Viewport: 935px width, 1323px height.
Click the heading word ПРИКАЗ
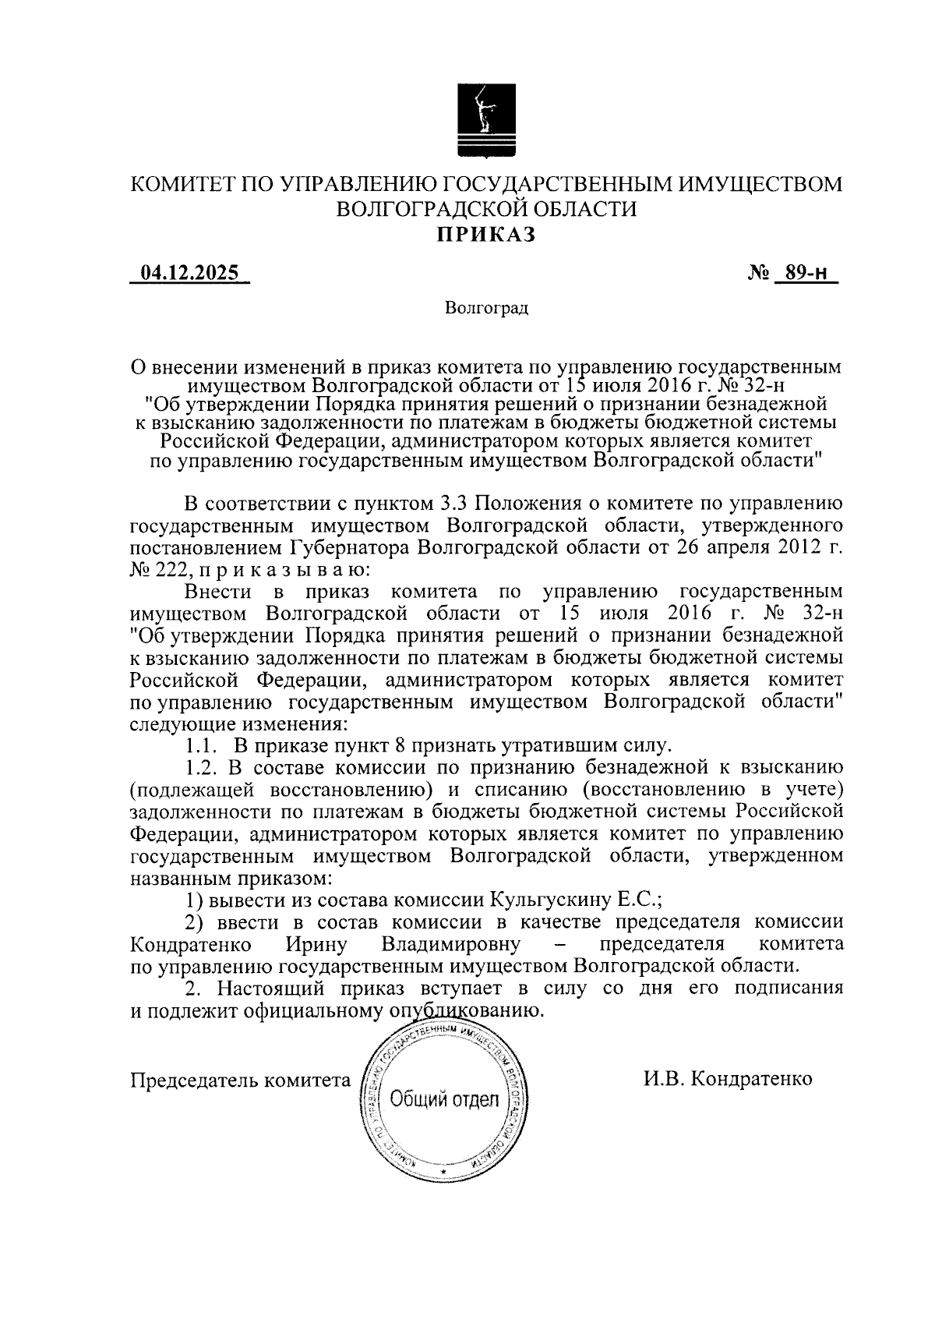(485, 235)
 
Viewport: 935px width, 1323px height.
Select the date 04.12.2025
(189, 274)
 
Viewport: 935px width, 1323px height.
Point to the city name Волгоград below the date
(487, 309)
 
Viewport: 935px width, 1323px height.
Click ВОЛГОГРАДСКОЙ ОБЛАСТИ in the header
(485, 209)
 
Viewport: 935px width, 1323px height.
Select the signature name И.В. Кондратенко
(728, 1079)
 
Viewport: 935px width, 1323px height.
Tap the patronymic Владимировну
(450, 945)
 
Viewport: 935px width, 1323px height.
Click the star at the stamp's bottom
(443, 1173)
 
